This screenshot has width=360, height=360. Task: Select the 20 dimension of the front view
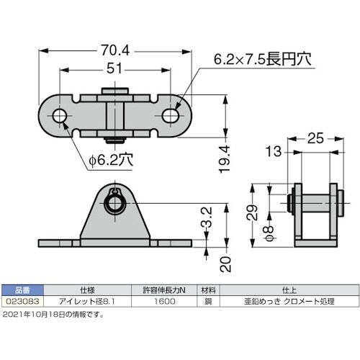coord(225,264)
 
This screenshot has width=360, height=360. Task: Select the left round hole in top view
coord(58,115)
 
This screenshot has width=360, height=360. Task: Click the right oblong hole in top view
coord(171,115)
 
